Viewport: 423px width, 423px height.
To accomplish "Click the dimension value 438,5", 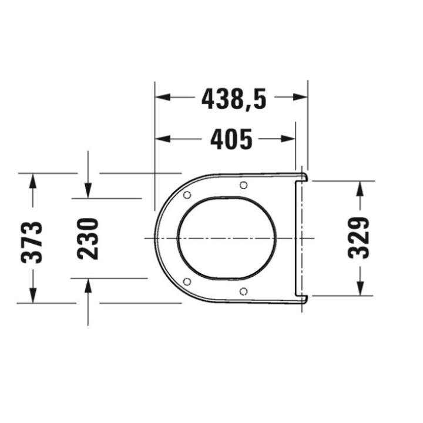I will (234, 98).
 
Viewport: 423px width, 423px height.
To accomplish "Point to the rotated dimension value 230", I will (88, 239).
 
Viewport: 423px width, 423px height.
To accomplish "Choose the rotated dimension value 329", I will (359, 237).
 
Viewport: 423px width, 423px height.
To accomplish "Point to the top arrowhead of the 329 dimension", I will (360, 187).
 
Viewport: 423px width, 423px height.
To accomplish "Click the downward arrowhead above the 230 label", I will (88, 190).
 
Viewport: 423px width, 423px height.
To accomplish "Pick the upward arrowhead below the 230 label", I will (88, 286).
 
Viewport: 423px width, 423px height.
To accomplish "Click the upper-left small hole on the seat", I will (187, 195).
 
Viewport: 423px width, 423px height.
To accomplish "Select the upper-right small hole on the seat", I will (243, 186).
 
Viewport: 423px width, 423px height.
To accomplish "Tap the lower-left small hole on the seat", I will (187, 281).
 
